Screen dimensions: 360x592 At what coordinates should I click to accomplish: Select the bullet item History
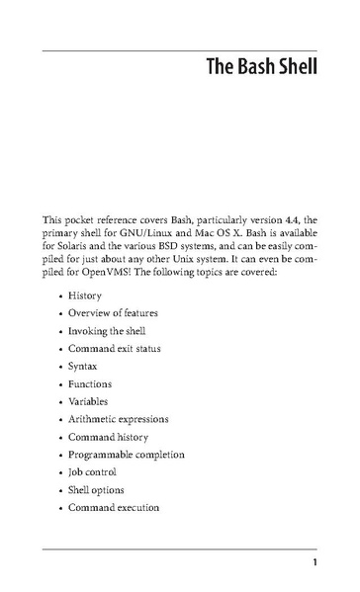coord(85,296)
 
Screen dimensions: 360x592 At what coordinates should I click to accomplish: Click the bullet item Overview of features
coord(113,313)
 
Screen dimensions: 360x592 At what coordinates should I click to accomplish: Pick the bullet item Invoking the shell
coord(107,331)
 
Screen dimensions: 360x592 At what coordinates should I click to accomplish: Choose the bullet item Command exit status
coord(115,349)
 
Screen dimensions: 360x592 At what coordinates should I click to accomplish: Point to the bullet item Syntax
coord(83,367)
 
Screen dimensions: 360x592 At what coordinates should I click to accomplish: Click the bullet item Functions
coord(90,383)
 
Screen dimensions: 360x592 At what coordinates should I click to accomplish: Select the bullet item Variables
coord(88,401)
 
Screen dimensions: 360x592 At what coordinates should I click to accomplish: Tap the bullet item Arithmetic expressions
coord(119,419)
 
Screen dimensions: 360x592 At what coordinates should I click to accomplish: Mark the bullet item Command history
coord(108,437)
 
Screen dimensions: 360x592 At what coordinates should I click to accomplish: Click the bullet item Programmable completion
coord(127,455)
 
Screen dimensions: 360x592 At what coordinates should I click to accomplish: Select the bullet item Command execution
coord(114,508)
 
